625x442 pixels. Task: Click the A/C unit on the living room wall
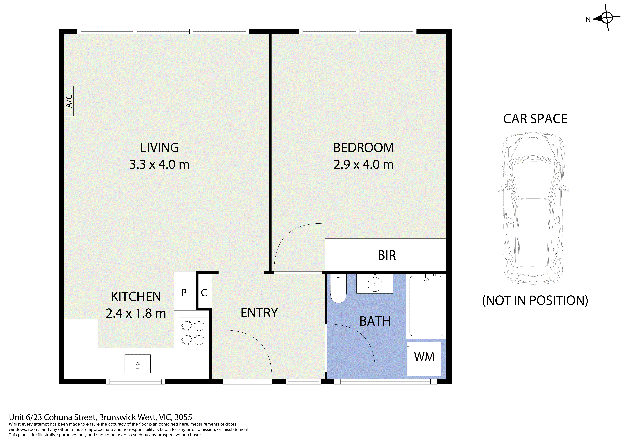[x=69, y=101]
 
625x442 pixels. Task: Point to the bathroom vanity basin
[x=375, y=284]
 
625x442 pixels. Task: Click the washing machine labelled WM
[x=424, y=359]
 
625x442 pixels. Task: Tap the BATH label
[x=375, y=321]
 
